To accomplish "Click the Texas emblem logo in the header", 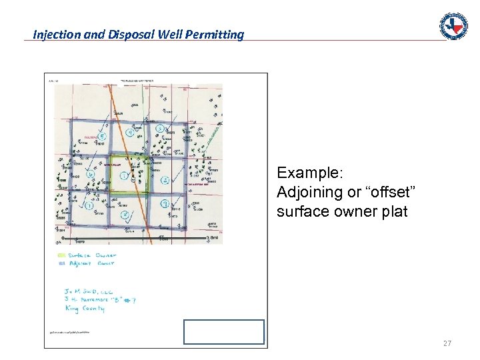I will click(453, 26).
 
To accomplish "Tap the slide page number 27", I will click(447, 343).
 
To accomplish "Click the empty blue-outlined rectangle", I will click(224, 331).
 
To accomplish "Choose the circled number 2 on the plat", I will click(164, 181).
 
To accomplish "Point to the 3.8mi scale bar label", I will click(211, 238).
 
